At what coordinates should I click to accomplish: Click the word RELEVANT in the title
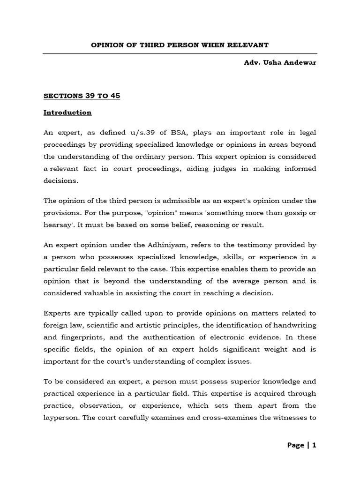coord(248,45)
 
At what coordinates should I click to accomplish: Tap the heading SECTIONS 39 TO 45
coord(82,96)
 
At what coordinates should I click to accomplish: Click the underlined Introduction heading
coord(67,112)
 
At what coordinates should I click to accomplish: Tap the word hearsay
coord(57,225)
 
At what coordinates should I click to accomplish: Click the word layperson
coord(62,417)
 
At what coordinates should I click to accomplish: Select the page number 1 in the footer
coord(314,445)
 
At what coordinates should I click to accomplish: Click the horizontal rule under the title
coord(180,53)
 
